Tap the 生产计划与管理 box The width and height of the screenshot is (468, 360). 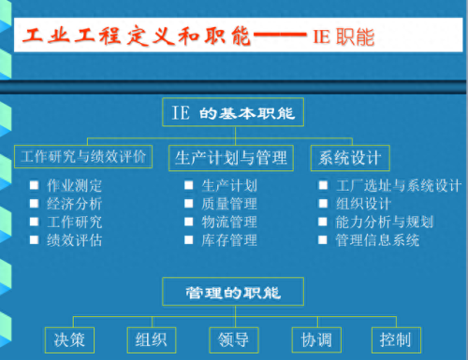(x=230, y=157)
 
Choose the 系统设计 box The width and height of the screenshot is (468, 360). (x=350, y=157)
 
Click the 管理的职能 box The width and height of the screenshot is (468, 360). (x=234, y=292)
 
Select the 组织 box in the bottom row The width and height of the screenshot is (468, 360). (x=152, y=338)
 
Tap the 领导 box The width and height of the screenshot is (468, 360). (x=234, y=338)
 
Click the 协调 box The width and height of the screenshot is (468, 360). (x=315, y=338)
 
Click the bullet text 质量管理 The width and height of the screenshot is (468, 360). (x=228, y=204)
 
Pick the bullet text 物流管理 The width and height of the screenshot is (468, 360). (x=228, y=222)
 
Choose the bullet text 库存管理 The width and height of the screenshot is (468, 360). (x=228, y=240)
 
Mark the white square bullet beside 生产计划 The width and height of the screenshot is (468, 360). (x=189, y=185)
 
